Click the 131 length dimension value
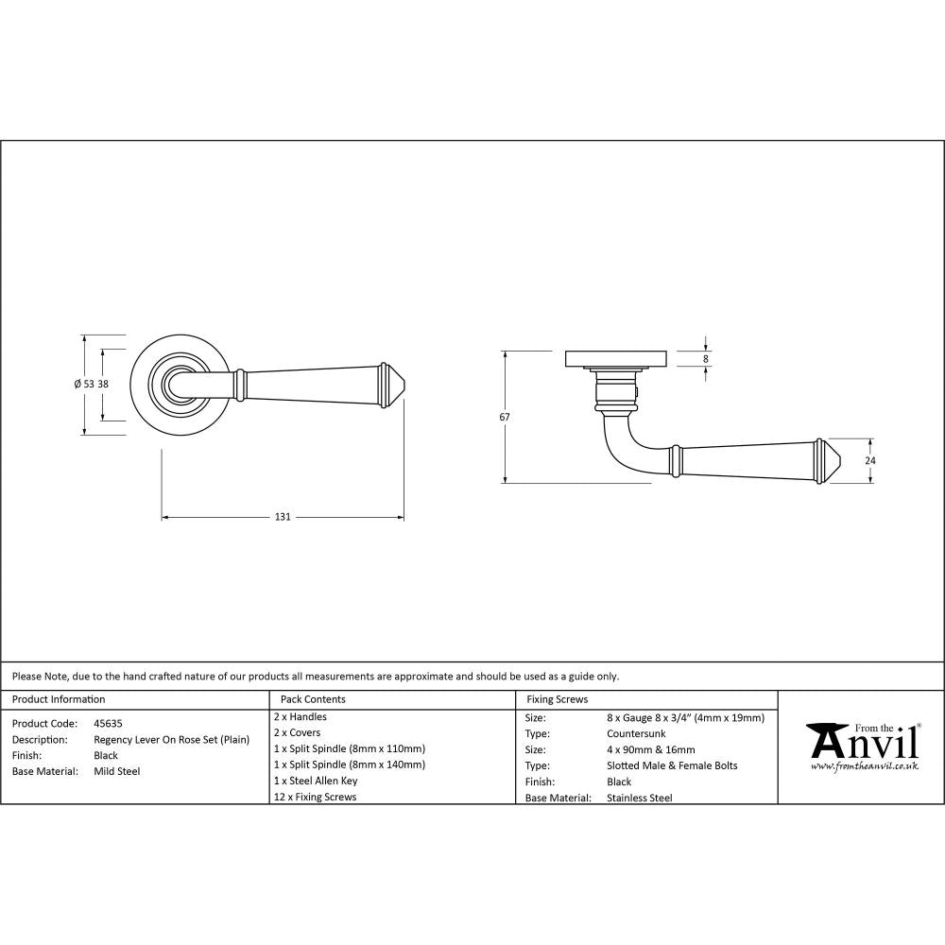(x=283, y=517)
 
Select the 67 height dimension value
(x=506, y=417)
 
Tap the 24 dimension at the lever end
(x=870, y=460)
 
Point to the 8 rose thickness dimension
(x=705, y=358)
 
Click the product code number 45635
(x=108, y=723)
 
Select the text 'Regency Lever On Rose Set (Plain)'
(x=171, y=739)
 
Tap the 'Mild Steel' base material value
(x=116, y=771)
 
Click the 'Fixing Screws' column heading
(x=557, y=699)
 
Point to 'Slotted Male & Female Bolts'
(x=672, y=765)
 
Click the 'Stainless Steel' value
(x=639, y=798)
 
